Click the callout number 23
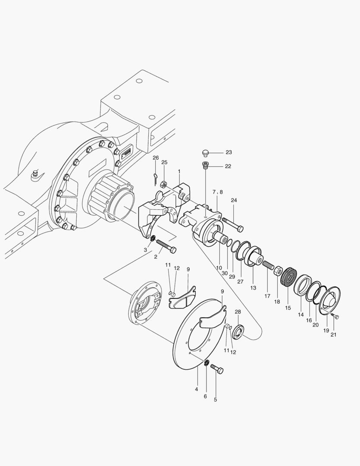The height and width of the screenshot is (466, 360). [x=229, y=152]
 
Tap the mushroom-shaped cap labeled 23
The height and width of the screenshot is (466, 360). [x=206, y=152]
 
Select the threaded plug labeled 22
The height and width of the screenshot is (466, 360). [x=205, y=165]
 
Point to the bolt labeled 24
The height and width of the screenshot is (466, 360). [x=232, y=224]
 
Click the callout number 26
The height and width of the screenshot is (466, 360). [x=156, y=158]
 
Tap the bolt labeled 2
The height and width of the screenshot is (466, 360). [x=166, y=246]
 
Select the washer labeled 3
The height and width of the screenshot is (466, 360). [x=153, y=238]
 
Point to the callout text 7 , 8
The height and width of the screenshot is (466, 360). [x=217, y=192]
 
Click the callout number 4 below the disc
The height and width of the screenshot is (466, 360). [x=197, y=389]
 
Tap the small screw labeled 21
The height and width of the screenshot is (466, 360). [x=336, y=317]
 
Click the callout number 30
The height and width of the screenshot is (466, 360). [x=225, y=274]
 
